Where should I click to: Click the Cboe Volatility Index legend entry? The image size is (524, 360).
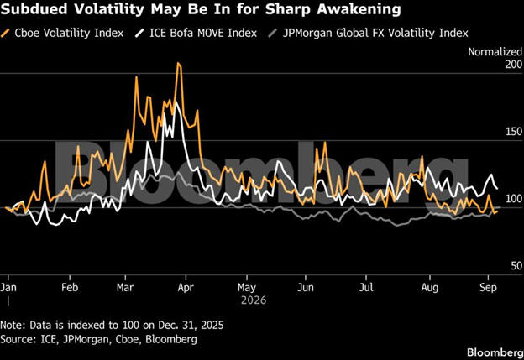point(62,33)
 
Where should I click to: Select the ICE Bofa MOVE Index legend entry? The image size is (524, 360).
point(196,33)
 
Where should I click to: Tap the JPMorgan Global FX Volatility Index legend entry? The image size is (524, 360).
point(369,33)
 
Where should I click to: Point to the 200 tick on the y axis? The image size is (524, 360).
point(513,64)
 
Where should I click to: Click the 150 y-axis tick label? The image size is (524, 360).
point(514,132)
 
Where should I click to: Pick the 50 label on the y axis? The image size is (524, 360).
point(516,266)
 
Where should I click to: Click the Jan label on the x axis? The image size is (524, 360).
point(8,287)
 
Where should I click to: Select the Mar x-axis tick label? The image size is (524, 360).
point(125,287)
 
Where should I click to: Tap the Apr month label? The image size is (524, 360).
point(186,287)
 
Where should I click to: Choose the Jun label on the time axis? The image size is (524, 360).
point(306,287)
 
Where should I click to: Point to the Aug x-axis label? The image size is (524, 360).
point(429,287)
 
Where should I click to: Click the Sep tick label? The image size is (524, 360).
point(488,287)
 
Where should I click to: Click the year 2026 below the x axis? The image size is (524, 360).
point(254,300)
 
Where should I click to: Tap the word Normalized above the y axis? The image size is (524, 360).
point(495,52)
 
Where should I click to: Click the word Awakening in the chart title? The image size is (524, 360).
point(359,9)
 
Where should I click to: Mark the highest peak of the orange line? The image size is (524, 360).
point(178,63)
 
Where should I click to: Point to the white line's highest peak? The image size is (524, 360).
point(176,102)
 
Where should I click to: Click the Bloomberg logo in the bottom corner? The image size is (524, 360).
point(495,352)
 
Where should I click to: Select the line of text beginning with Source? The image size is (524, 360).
point(98,339)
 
